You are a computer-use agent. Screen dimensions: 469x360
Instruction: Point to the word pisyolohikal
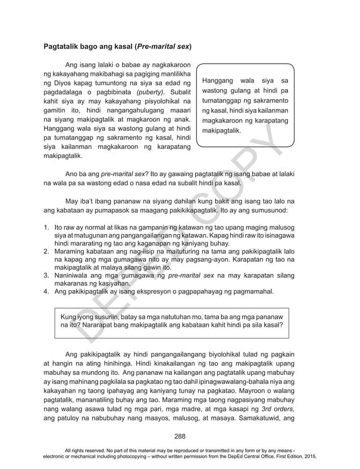157,100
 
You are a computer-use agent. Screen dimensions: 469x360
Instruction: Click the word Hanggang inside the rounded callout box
218,81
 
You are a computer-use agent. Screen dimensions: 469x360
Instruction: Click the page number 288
180,435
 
